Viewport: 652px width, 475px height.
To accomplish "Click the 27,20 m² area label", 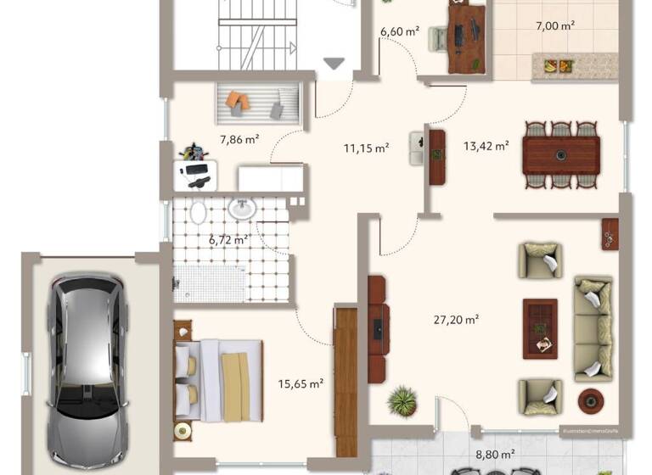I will [456, 320].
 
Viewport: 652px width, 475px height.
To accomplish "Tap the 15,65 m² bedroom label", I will [301, 384].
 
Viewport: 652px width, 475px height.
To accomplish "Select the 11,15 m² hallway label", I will [366, 148].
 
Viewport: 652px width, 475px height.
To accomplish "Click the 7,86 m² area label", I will [239, 139].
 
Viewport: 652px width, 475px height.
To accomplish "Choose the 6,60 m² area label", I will [400, 31].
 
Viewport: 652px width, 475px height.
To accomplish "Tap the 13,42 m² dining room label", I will [486, 145].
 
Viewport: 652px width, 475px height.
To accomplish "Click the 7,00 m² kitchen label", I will [557, 25].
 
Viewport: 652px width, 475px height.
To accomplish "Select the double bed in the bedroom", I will [219, 379].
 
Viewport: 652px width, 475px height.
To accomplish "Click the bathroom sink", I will [243, 208].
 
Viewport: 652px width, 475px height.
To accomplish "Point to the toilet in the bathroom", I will [196, 213].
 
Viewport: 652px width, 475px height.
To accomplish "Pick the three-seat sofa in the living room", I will [593, 327].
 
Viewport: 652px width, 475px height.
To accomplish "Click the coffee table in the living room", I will [540, 324].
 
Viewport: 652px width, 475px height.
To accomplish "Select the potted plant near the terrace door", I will [402, 400].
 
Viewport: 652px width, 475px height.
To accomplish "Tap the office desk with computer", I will [466, 36].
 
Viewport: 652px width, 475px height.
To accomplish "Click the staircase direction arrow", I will [334, 64].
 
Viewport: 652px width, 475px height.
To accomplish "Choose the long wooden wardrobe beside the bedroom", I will [346, 381].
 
